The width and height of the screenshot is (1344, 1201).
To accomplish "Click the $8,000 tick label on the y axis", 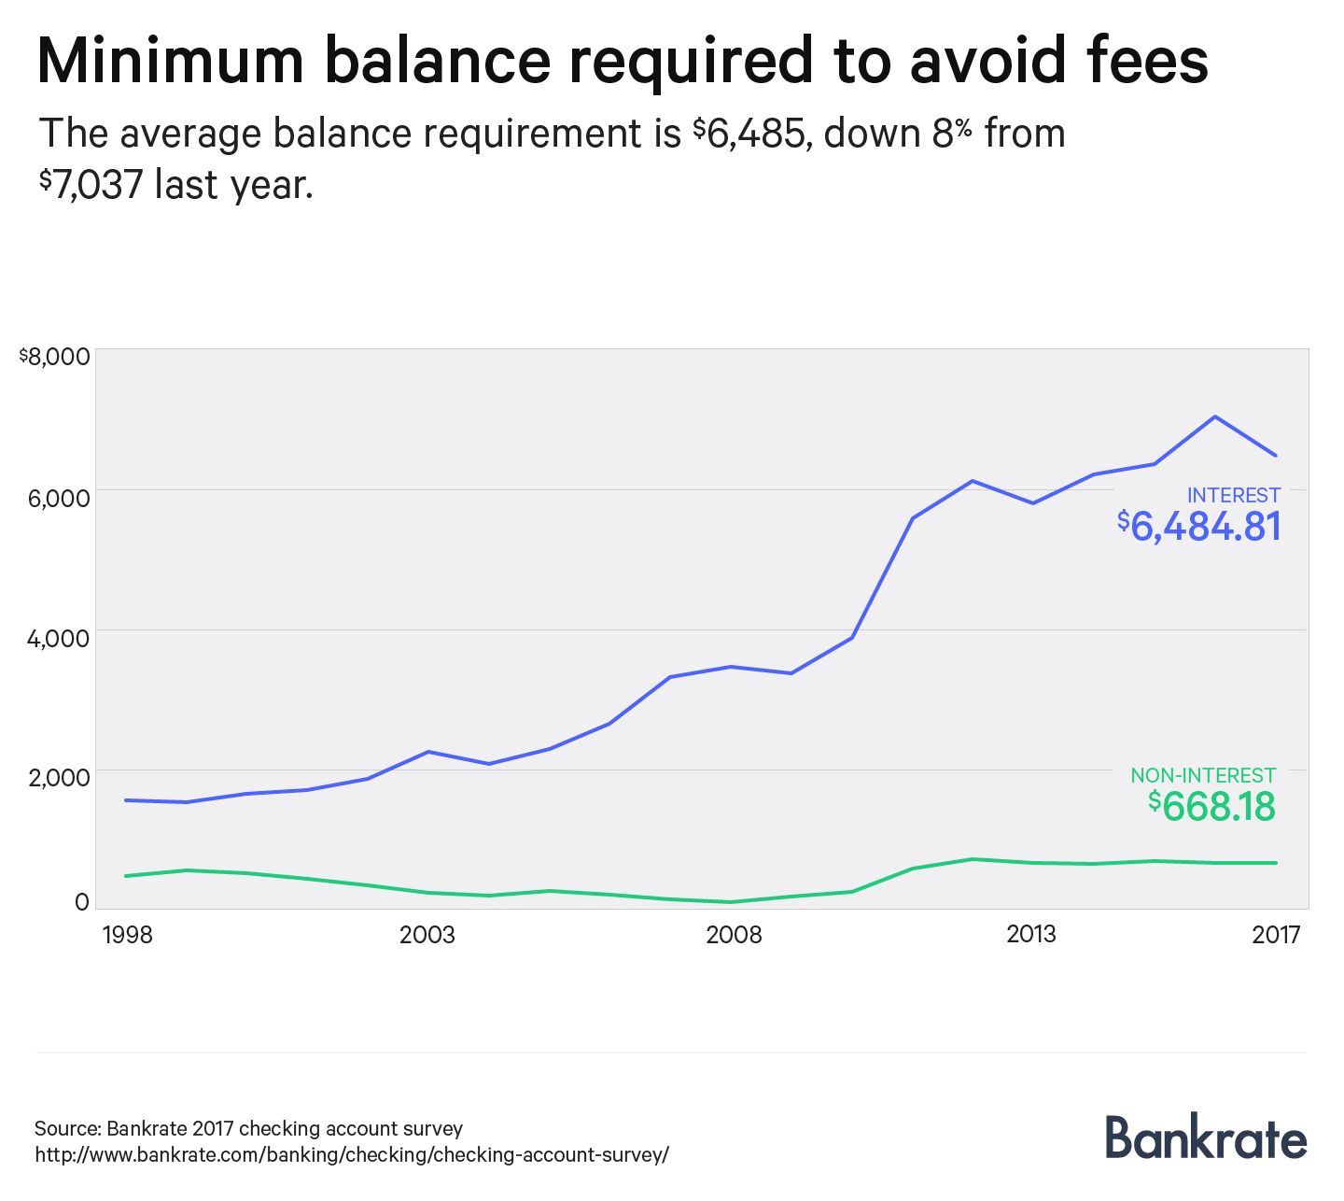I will coord(55,357).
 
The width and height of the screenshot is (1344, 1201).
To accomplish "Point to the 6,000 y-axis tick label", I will coord(59,497).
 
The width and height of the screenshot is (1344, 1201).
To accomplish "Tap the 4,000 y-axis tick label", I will coord(59,638).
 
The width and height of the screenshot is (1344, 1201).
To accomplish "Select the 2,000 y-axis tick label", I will coord(59,778).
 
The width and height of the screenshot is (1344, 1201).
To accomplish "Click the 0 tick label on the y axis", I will coord(82,902).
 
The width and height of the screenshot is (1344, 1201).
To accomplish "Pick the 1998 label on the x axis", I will coord(128,935).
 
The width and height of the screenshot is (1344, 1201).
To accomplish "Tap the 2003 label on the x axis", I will coord(427,935).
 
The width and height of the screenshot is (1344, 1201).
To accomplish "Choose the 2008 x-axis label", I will coord(734,935).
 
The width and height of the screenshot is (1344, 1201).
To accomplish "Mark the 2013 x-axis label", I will coord(1031,935).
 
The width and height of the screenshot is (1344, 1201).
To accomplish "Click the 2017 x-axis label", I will coord(1276,935).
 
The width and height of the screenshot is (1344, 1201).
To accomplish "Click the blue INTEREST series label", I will coord(1233,496).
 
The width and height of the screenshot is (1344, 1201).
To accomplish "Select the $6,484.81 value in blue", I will coord(1199,528).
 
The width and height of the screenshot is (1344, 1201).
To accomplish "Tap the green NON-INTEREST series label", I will coord(1203,776).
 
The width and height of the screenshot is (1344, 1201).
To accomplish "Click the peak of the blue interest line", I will coord(1214,417).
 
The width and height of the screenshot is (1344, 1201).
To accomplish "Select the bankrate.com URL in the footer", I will coord(352,1155).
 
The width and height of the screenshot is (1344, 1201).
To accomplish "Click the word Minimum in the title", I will coord(171,61).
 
